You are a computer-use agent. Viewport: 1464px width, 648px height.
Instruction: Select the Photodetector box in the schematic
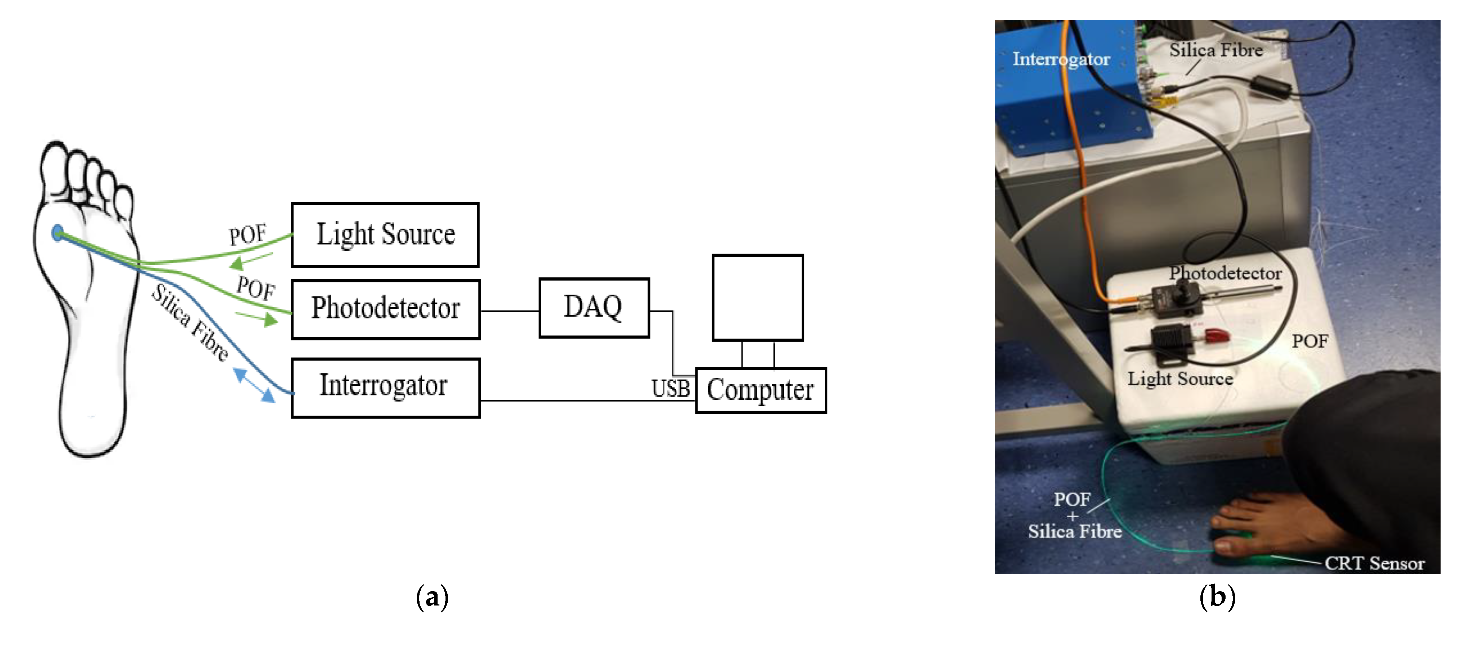pos(385,309)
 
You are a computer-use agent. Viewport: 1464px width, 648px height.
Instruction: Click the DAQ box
pos(593,308)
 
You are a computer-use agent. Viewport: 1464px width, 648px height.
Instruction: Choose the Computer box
pos(760,390)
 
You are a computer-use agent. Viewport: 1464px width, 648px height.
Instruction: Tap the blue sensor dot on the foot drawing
pos(57,232)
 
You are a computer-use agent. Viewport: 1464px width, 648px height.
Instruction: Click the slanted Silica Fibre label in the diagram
pos(191,322)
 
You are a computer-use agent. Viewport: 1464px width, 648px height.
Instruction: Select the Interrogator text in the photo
pos(1061,59)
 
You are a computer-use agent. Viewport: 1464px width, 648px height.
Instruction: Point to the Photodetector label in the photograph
pos(1225,273)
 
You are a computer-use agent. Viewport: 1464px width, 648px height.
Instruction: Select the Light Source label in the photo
pos(1180,379)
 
